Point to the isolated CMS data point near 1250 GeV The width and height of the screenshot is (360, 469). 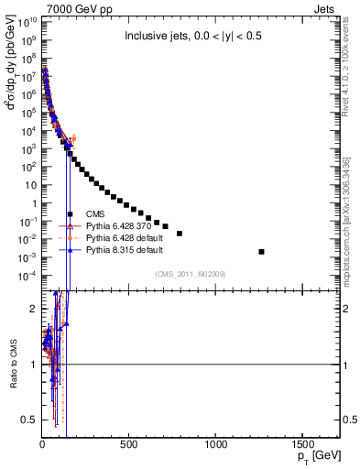262,251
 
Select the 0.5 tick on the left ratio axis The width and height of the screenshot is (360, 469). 29,420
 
